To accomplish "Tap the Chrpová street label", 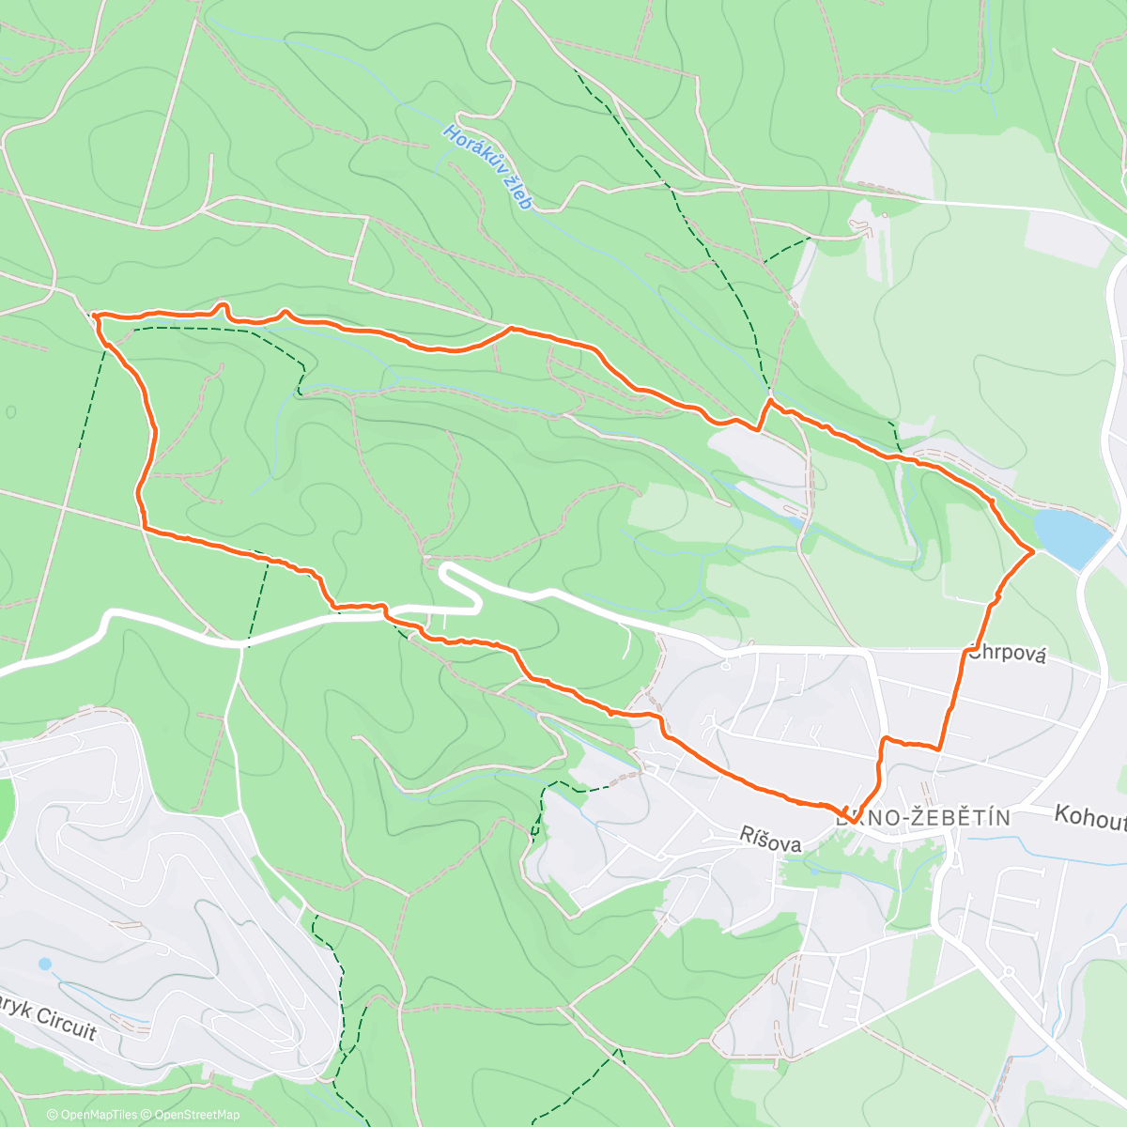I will [1007, 654].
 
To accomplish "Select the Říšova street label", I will [770, 843].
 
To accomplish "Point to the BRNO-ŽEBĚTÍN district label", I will [924, 818].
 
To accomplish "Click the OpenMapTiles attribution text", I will [92, 1115].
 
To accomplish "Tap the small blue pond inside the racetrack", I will [45, 964].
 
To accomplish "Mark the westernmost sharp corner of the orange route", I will [94, 316].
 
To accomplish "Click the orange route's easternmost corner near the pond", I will [1034, 551].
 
